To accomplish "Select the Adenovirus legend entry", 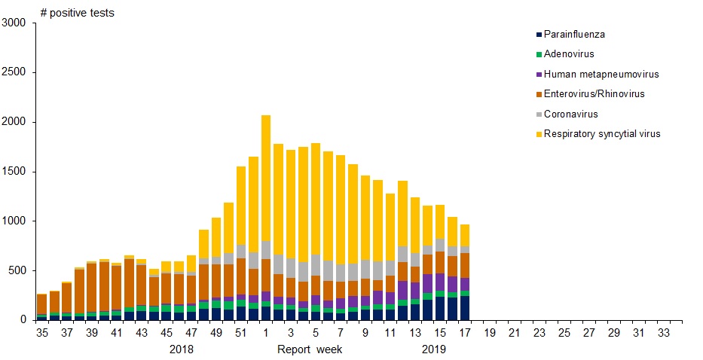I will pyautogui.click(x=570, y=54).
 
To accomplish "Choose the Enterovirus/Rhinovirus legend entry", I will pyautogui.click(x=594, y=94).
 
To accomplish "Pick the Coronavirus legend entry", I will pyautogui.click(x=570, y=114).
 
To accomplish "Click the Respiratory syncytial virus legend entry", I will pyautogui.click(x=601, y=134).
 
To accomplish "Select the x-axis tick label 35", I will pyautogui.click(x=42, y=332).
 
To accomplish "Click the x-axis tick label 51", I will pyautogui.click(x=240, y=332).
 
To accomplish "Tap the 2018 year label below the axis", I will pyautogui.click(x=181, y=349).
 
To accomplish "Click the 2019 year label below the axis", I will pyautogui.click(x=433, y=349).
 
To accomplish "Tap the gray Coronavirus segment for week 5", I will pyautogui.click(x=315, y=265).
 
